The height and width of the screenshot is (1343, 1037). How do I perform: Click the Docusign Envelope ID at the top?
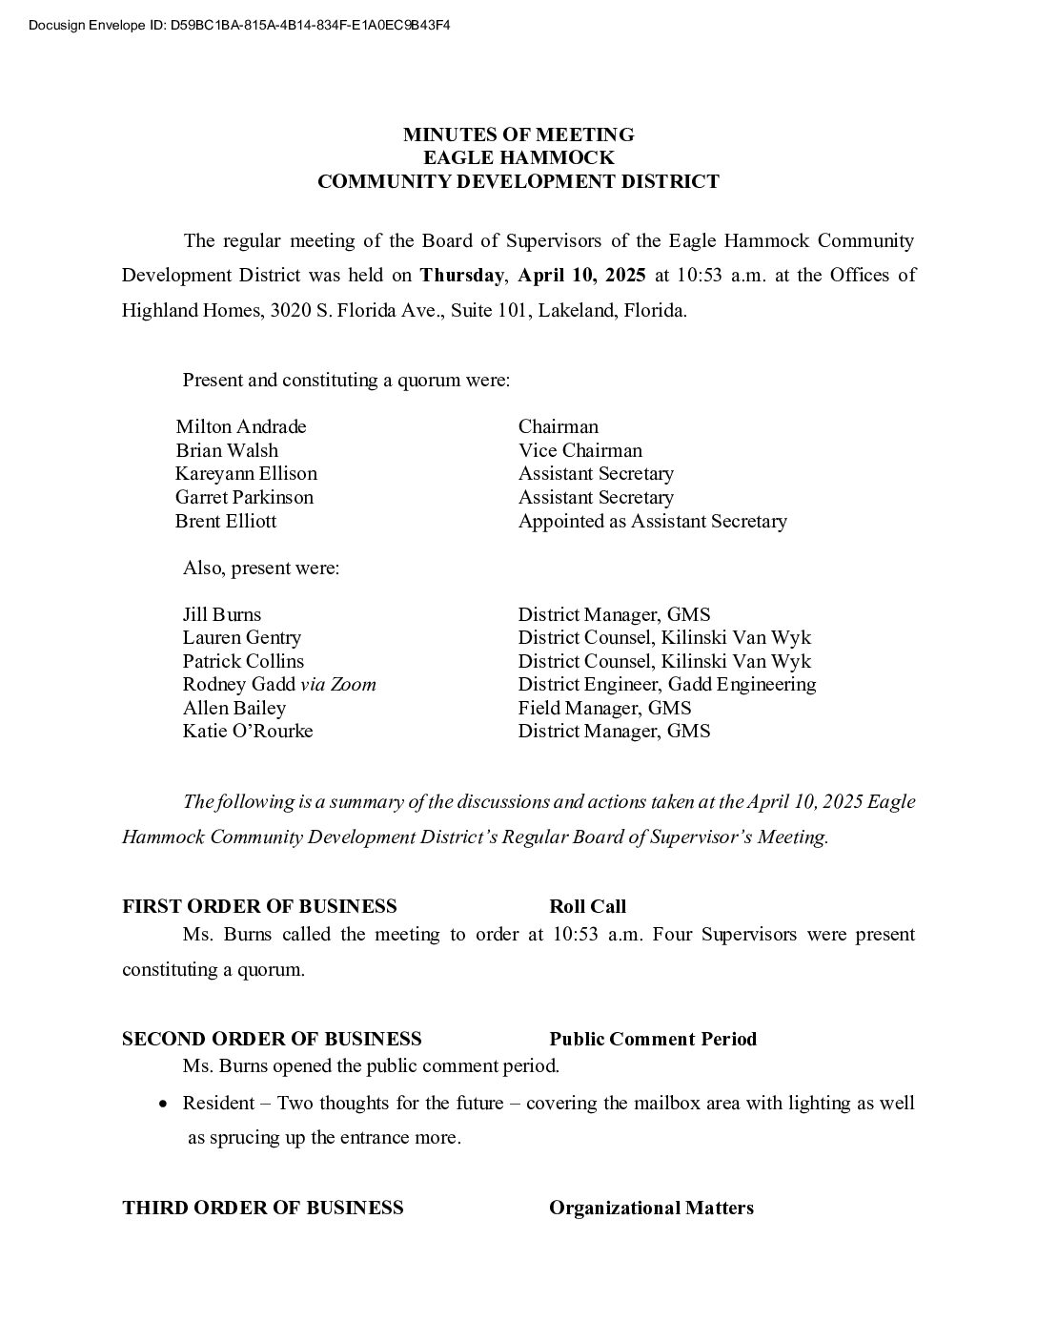[239, 25]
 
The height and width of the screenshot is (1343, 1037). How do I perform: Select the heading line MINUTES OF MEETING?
[518, 134]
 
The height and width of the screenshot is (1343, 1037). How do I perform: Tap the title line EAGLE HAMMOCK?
[518, 157]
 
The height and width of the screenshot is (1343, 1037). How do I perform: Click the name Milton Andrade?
[241, 426]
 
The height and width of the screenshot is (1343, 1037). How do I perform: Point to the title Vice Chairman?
[579, 450]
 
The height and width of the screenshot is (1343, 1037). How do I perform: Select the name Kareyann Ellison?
[246, 473]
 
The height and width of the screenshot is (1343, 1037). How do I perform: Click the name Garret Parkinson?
[244, 497]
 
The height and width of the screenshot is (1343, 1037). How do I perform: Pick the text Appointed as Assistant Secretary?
[652, 521]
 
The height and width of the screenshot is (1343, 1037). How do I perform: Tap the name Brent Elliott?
[226, 521]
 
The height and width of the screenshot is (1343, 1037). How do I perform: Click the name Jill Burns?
[222, 614]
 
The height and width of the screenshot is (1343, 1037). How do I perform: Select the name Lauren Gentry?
[242, 637]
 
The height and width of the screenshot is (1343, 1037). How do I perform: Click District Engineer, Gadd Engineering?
[666, 684]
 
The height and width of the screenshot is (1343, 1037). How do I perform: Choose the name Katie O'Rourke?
[248, 731]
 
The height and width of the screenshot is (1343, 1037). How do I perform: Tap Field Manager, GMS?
[604, 708]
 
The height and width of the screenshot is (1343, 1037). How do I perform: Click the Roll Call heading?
[587, 906]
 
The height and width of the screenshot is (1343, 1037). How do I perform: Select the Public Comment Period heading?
[653, 1039]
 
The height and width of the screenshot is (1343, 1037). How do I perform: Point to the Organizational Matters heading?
[651, 1208]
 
